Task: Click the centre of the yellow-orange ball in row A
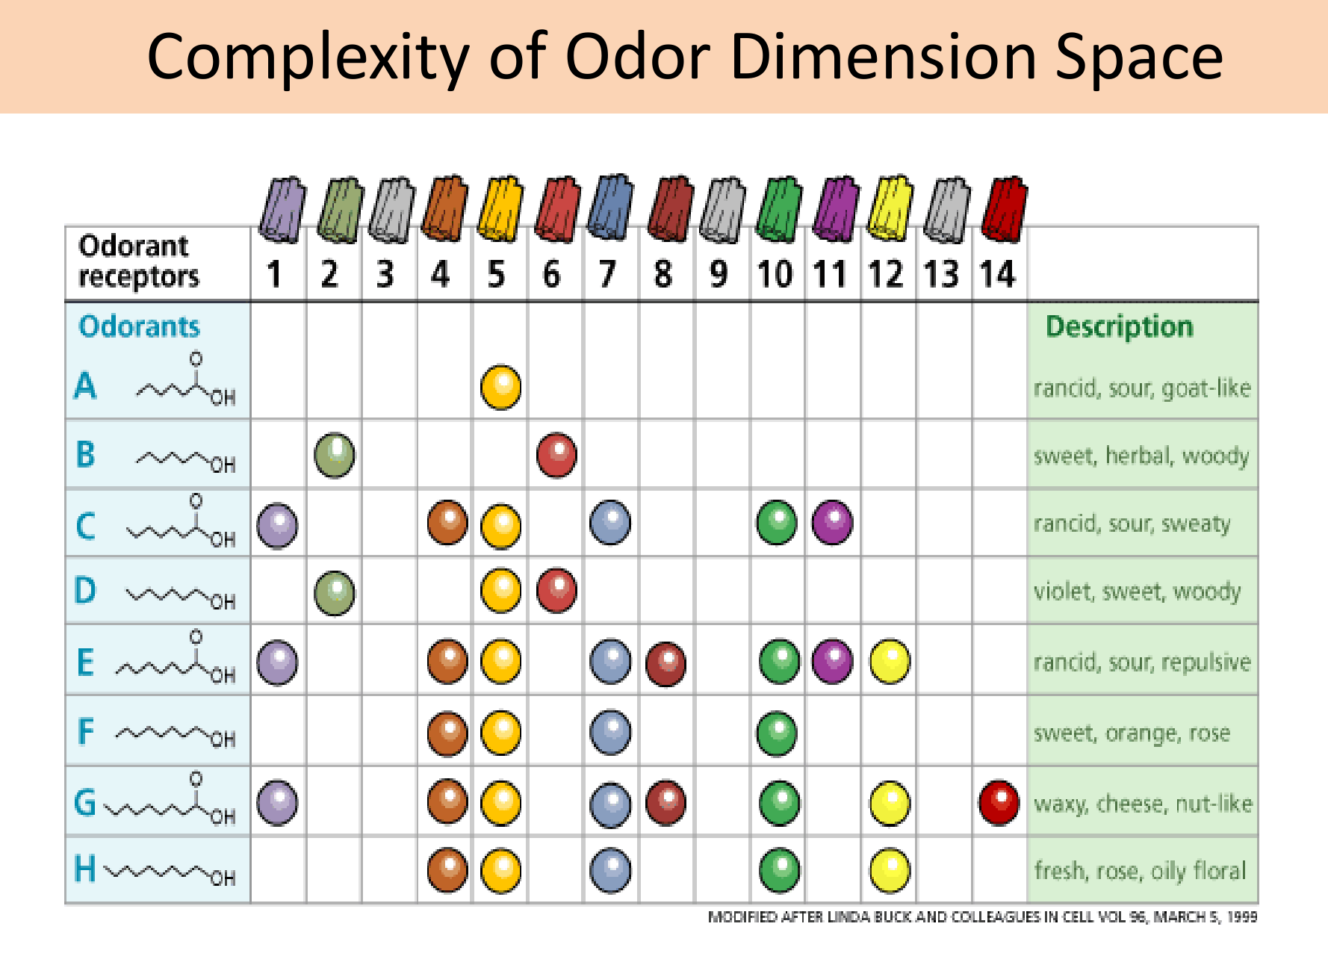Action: (x=500, y=387)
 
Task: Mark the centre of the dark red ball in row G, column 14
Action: (x=999, y=803)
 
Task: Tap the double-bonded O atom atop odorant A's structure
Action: (x=196, y=359)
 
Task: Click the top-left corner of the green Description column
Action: (x=1028, y=302)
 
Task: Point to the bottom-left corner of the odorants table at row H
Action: (x=66, y=904)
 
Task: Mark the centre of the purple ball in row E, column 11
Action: (x=832, y=661)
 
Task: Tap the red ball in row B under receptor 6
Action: (x=556, y=455)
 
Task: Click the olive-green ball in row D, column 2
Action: (x=335, y=593)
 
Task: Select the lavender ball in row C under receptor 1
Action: (x=277, y=525)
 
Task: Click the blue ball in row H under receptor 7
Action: (x=610, y=870)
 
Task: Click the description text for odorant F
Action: (x=1132, y=733)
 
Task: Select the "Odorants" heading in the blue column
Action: (x=139, y=326)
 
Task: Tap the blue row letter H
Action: (x=85, y=869)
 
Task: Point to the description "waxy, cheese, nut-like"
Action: (x=1143, y=804)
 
